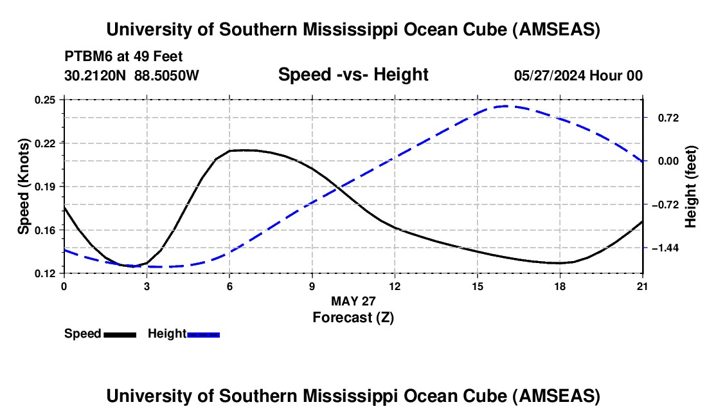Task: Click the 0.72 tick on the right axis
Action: (x=666, y=118)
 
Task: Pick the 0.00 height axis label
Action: (x=666, y=161)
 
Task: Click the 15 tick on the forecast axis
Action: (x=478, y=286)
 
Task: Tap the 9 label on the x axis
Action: (x=312, y=286)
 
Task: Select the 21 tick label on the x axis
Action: (x=643, y=286)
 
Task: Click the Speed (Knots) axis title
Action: (x=24, y=186)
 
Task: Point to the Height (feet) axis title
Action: (x=691, y=186)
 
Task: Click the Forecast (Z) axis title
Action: (x=353, y=317)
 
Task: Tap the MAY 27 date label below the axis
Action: (x=353, y=301)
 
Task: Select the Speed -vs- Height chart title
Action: (x=353, y=75)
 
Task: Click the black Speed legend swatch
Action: (x=120, y=334)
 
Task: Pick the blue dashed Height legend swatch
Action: (x=204, y=334)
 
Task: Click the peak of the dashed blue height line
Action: (x=506, y=106)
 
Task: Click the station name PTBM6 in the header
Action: (x=85, y=56)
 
